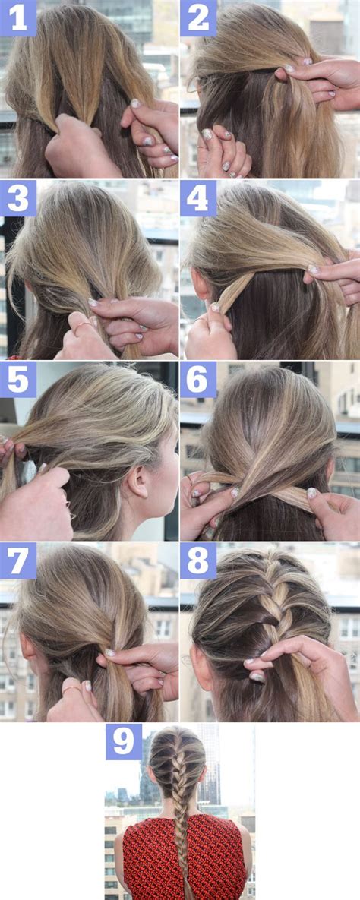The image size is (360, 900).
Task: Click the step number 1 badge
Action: tap(17, 17)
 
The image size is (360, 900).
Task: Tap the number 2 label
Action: tap(198, 17)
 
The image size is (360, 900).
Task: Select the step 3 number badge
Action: tap(17, 198)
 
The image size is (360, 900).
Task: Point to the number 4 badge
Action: tap(198, 198)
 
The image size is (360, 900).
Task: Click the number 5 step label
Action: tap(17, 379)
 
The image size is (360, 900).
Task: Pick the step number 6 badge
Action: tap(198, 379)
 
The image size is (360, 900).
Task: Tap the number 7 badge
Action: tap(17, 561)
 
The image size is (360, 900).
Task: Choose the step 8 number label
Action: tap(198, 561)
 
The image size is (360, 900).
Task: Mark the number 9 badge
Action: tap(123, 741)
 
